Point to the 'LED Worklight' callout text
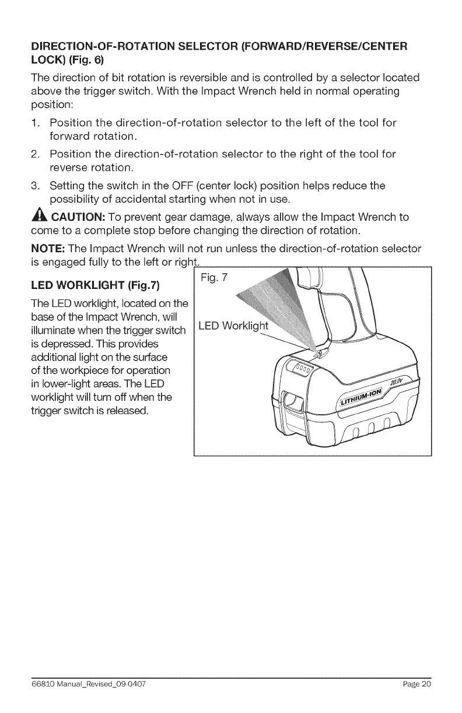pos(233,325)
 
